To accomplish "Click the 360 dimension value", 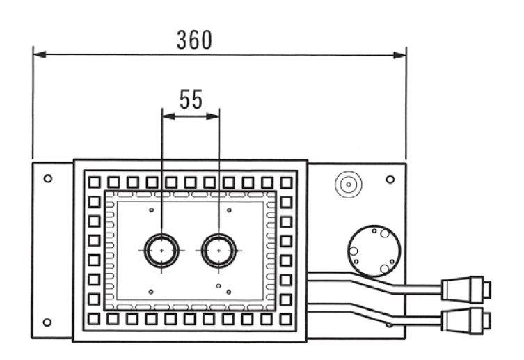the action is click(x=194, y=40).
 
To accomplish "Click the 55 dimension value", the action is click(x=191, y=100).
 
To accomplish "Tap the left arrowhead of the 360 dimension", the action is click(x=40, y=54).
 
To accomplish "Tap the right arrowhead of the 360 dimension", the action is click(x=399, y=55).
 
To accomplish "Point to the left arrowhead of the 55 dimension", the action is click(x=169, y=116).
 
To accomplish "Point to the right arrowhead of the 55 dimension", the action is click(x=213, y=116).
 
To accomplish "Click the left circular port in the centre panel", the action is click(x=161, y=251).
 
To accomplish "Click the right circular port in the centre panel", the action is click(x=219, y=251).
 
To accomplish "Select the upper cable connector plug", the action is click(x=466, y=289).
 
